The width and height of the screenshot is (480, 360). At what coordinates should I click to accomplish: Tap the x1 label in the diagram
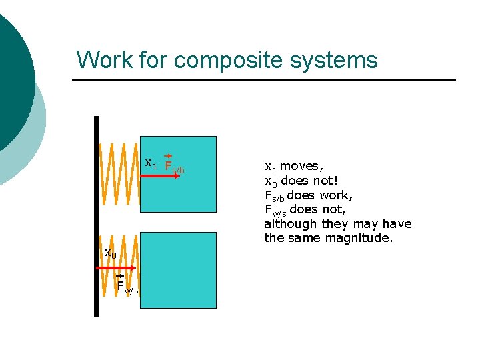[151, 163]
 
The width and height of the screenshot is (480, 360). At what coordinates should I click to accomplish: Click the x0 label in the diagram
[110, 253]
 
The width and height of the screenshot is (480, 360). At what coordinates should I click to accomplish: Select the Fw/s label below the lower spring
[127, 287]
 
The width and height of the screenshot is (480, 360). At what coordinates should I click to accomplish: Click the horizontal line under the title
[263, 80]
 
